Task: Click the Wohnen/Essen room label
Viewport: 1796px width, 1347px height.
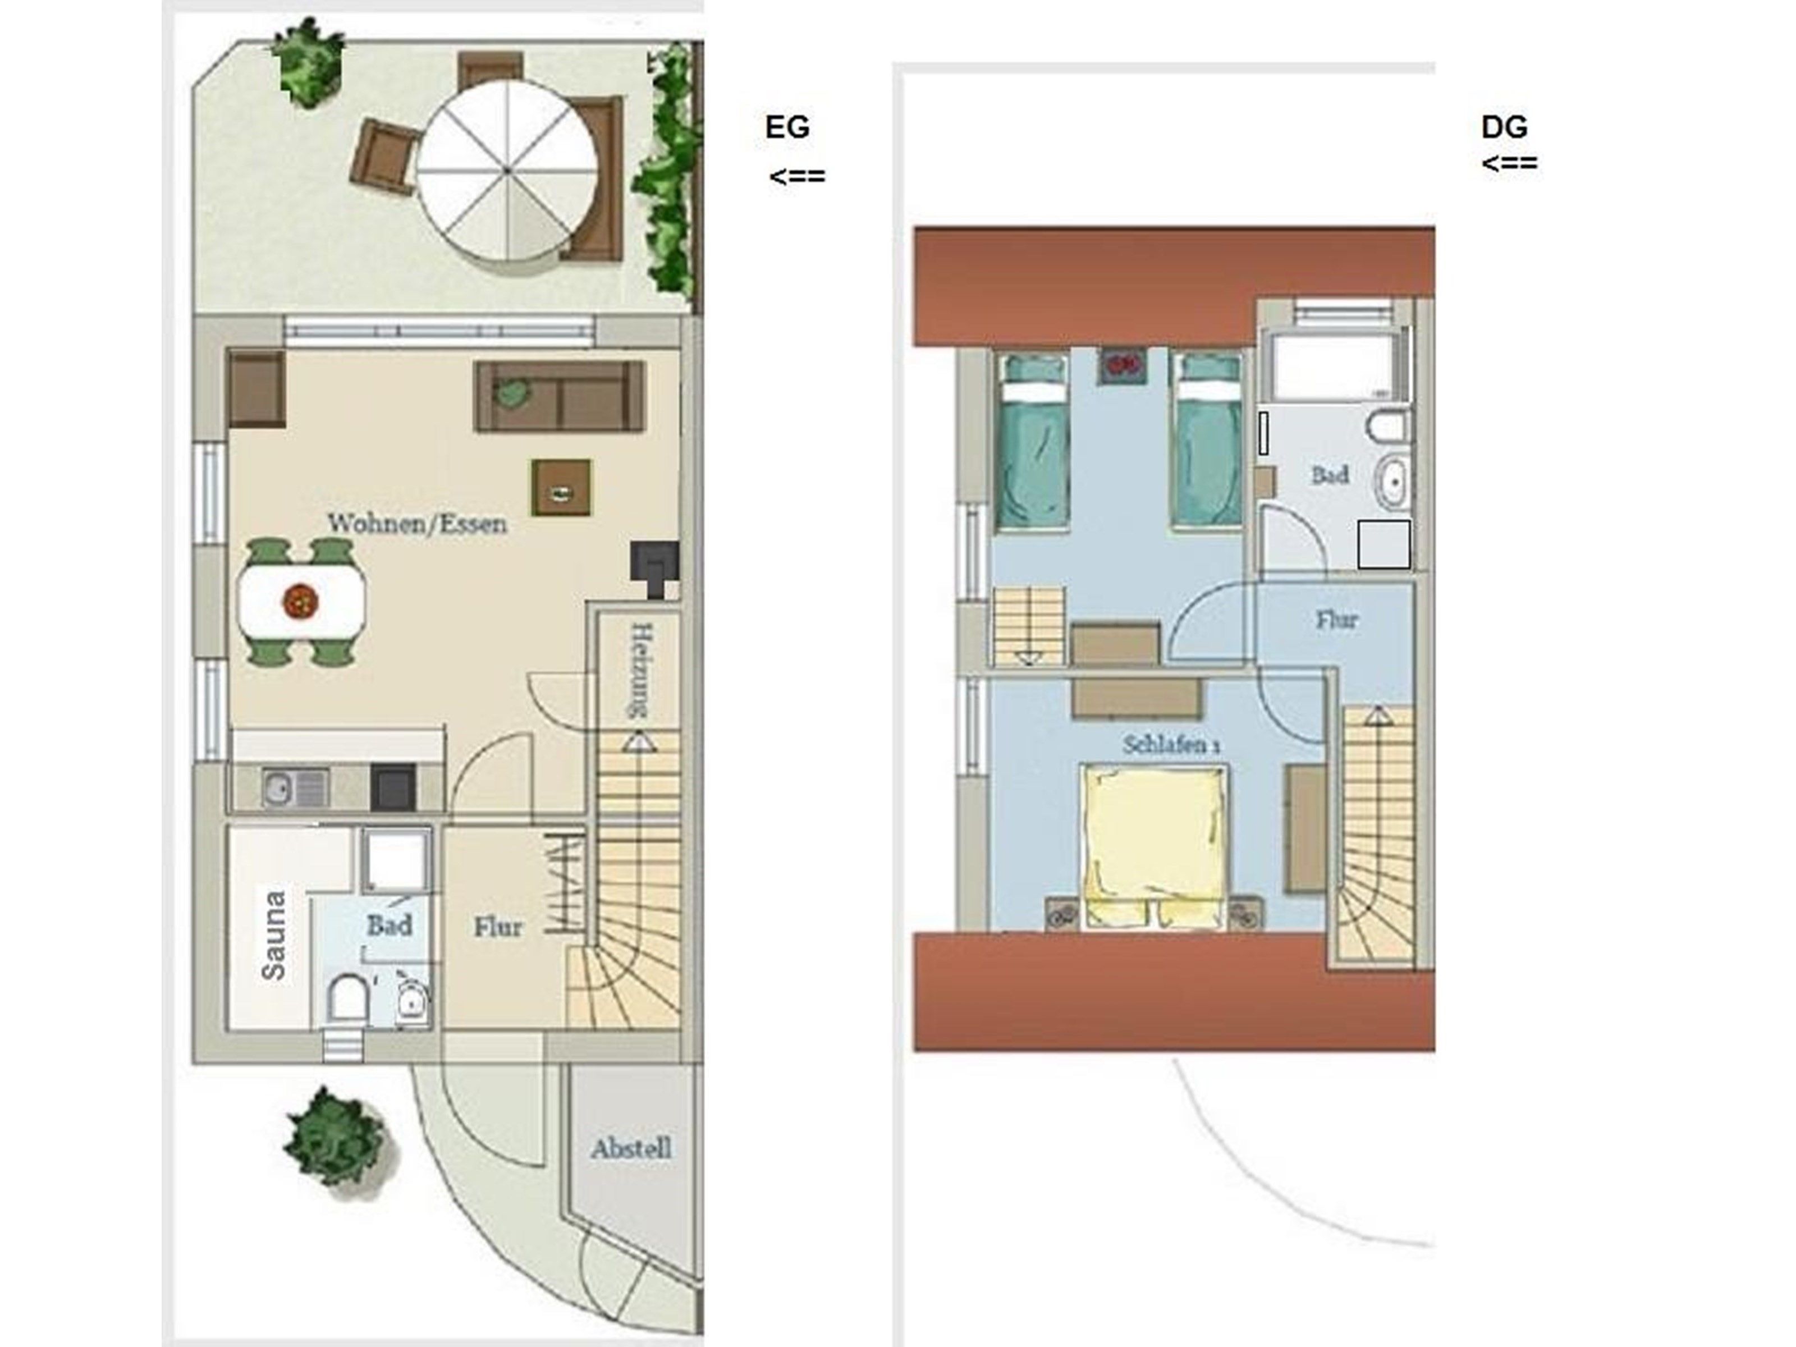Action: tap(418, 524)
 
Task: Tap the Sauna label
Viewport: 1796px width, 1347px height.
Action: tap(274, 936)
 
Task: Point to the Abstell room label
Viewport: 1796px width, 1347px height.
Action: tap(631, 1148)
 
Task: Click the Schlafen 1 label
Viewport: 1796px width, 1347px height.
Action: tap(1171, 745)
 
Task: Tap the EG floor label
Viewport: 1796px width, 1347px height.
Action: tap(787, 127)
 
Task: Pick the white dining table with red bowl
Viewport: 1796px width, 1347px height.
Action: tap(301, 602)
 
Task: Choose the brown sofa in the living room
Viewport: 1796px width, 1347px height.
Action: tap(560, 396)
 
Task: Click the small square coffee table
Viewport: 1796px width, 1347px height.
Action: tap(562, 488)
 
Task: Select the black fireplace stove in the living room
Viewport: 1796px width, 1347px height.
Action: tap(654, 567)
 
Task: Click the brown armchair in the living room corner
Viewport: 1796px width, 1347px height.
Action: tap(256, 388)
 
